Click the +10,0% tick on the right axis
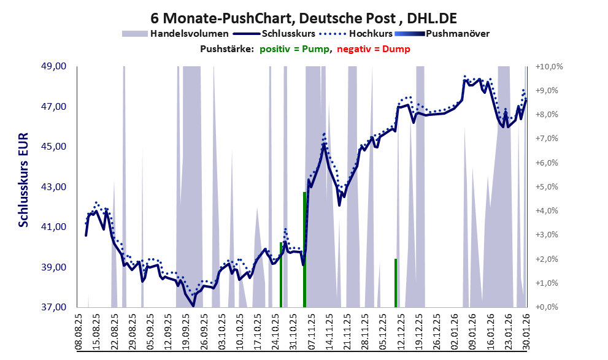548,66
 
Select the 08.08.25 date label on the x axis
79,331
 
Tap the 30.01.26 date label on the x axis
526,331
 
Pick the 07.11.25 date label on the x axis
311,331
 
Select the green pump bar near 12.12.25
396,283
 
